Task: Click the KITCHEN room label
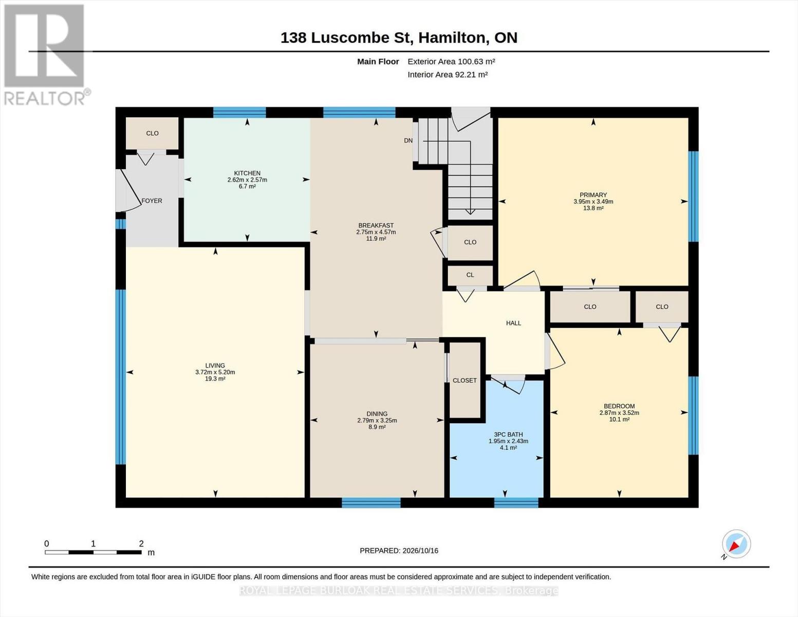(247, 173)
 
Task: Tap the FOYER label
(152, 201)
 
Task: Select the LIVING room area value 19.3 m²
(215, 378)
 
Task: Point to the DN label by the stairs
(408, 140)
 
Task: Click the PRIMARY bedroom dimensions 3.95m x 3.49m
(593, 202)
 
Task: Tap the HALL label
(513, 323)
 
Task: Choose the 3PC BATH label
(508, 434)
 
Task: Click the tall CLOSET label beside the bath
(465, 380)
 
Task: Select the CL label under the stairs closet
(470, 275)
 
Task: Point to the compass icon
(736, 544)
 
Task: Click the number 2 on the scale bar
(141, 543)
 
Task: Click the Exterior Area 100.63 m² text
(451, 61)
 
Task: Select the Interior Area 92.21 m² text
(448, 75)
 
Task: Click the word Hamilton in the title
(454, 38)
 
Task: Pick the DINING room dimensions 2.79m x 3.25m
(377, 421)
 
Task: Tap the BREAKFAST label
(376, 225)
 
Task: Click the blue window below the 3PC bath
(516, 503)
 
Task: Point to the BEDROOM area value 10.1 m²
(619, 419)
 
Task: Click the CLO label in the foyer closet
(152, 133)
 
